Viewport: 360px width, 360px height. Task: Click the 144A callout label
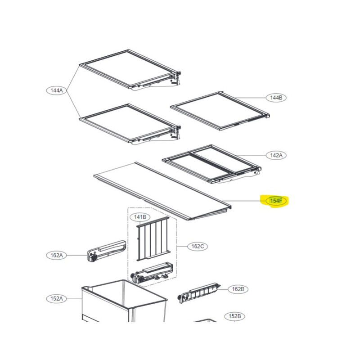(x=57, y=90)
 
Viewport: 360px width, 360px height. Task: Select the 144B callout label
(x=276, y=98)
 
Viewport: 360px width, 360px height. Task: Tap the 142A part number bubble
(x=276, y=155)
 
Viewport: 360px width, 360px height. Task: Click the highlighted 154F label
(x=276, y=201)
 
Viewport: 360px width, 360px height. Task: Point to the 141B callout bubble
(x=140, y=217)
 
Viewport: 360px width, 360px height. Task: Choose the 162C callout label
(x=198, y=246)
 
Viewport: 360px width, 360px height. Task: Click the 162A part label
(x=57, y=255)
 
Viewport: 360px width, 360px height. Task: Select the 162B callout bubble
(x=238, y=289)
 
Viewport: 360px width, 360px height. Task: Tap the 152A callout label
(x=57, y=298)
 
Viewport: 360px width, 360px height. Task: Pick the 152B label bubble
(x=234, y=316)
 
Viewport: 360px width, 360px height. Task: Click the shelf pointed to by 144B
(x=220, y=111)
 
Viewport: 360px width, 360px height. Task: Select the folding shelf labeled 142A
(x=211, y=164)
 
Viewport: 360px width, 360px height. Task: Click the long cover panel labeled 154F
(x=162, y=191)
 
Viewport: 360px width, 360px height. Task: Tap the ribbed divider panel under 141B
(x=153, y=239)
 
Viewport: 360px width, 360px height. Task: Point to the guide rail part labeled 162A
(x=106, y=251)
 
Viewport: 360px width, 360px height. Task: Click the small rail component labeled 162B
(x=199, y=293)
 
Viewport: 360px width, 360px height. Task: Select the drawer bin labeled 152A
(x=124, y=301)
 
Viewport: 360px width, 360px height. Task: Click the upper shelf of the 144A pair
(x=130, y=70)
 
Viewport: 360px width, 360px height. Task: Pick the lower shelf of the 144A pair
(x=130, y=124)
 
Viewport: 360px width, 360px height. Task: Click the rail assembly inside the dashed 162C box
(x=152, y=272)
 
